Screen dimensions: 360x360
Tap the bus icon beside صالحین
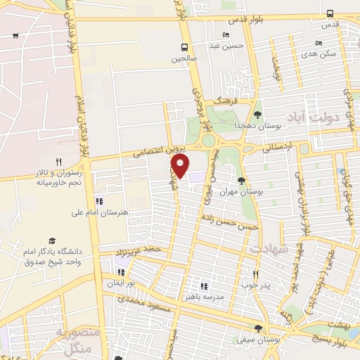click(x=184, y=49)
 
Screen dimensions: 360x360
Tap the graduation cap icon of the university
click(x=51, y=240)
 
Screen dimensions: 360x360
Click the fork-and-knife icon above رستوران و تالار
click(x=68, y=161)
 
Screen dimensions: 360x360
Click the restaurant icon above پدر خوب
click(x=255, y=274)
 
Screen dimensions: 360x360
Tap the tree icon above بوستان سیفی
click(x=258, y=328)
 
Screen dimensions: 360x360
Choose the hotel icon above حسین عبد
click(x=226, y=35)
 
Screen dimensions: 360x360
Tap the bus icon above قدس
click(x=330, y=13)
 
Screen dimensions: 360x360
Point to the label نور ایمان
click(x=129, y=282)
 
